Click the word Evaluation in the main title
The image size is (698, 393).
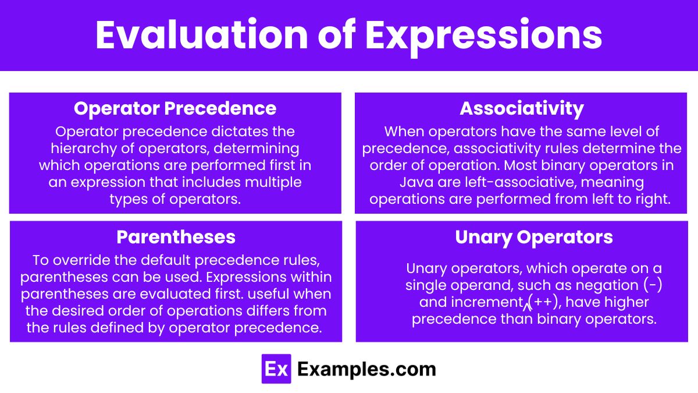(202, 34)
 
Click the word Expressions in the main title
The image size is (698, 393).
(483, 37)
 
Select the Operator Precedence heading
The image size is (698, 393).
(175, 108)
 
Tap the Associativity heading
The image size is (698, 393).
(522, 109)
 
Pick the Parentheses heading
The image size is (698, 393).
(176, 237)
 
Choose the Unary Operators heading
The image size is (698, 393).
(534, 238)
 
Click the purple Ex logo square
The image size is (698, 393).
(276, 369)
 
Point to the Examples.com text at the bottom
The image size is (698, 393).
(366, 370)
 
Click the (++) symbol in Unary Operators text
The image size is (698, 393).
(544, 302)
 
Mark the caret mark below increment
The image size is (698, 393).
(527, 307)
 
